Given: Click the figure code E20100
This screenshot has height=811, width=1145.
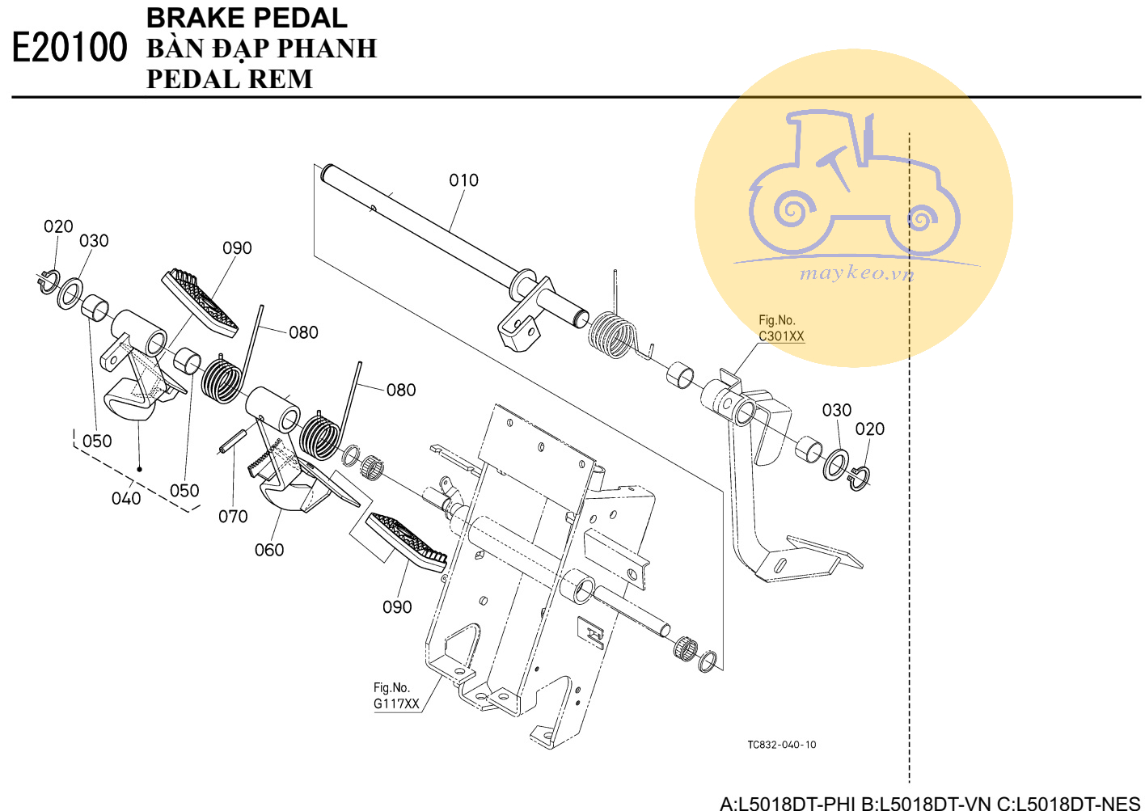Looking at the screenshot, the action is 70,47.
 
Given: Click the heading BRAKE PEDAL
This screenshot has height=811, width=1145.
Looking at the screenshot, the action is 247,19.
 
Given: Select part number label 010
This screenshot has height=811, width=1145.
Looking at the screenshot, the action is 463,180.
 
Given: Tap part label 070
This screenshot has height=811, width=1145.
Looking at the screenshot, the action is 233,516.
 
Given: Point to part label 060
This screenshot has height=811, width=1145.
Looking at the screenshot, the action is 269,550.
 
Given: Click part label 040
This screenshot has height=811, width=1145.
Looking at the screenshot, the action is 126,498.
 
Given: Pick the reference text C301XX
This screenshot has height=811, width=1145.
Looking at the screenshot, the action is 782,336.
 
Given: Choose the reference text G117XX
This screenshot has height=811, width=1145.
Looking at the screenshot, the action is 396,703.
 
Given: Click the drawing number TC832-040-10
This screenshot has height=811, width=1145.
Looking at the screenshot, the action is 782,745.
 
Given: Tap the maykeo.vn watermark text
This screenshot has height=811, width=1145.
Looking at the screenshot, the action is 856,274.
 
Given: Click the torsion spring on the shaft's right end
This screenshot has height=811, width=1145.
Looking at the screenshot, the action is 614,335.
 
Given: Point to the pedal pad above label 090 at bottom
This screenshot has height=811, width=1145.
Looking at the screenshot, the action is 407,543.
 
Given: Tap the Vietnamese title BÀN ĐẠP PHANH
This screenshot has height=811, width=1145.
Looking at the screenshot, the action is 262,49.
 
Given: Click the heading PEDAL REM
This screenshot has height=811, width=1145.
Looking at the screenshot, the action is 230,79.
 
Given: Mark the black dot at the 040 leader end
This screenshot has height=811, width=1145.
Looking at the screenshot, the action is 140,469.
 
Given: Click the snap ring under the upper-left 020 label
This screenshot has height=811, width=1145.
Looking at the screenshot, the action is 49,282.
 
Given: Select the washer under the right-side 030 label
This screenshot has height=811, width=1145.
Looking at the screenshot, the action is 835,465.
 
